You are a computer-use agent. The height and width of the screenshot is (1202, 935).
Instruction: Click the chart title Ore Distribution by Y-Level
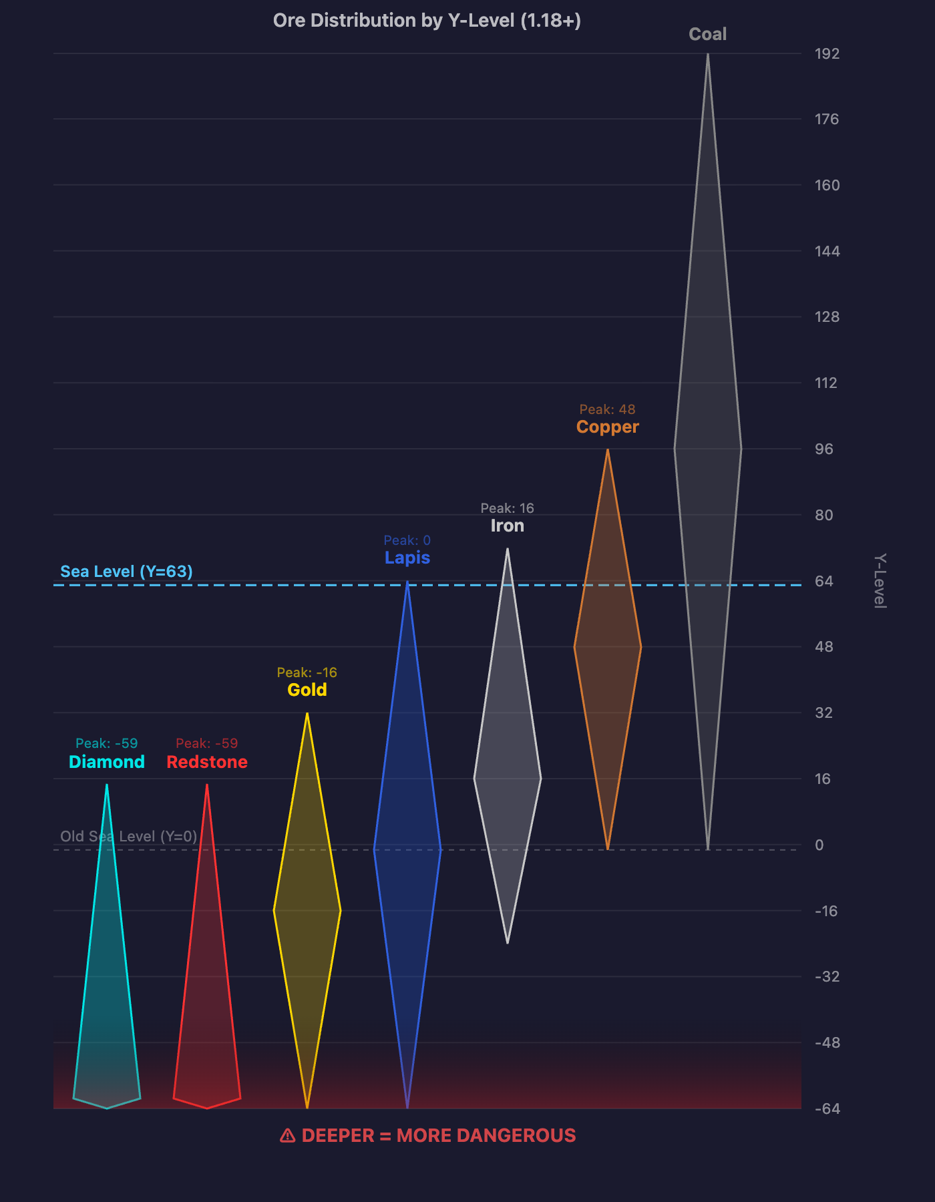427,21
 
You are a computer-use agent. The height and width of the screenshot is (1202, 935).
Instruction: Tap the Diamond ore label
107,762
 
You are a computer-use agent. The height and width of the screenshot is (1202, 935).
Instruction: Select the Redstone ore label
207,762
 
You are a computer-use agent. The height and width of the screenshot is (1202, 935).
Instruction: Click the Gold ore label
307,690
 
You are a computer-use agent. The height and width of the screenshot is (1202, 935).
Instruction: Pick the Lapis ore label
407,558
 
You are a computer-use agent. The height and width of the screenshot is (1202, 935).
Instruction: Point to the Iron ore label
508,526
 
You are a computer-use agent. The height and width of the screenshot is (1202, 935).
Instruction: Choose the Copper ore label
608,427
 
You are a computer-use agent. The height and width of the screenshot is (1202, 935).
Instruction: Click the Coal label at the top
707,34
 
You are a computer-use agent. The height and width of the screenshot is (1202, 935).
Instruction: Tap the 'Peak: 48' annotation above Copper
607,409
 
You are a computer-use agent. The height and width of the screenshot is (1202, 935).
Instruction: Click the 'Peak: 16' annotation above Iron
508,508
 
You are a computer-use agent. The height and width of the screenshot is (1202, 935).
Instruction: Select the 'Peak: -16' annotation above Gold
307,672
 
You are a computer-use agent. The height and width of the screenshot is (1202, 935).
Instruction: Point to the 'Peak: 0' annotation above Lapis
407,540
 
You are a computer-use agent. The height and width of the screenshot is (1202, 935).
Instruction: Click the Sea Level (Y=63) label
126,572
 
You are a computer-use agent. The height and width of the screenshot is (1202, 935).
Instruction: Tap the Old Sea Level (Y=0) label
129,836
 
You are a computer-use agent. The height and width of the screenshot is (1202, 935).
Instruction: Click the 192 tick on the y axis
827,53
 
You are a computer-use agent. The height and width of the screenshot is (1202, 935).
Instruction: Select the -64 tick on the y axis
827,1109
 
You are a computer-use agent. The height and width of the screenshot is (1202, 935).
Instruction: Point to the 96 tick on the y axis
824,449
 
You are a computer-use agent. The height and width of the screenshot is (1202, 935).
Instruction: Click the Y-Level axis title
880,580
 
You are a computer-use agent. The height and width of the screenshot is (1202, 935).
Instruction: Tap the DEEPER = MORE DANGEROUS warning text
428,1135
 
